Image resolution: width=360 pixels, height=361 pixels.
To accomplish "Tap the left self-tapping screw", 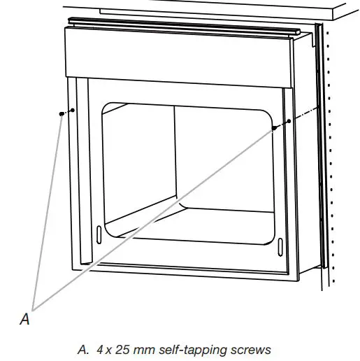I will pos(62,113).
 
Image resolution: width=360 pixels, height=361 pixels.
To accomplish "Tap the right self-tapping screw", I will pos(275,128).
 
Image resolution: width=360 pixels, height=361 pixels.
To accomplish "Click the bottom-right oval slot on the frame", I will pos(280,247).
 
